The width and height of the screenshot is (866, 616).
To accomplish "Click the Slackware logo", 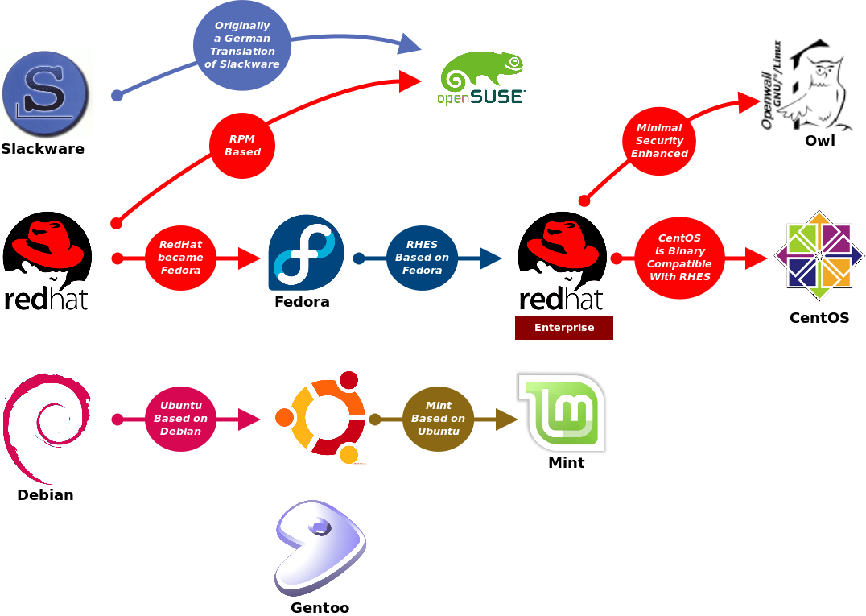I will (x=47, y=93).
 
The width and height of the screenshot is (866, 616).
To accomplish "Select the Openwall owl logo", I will (x=806, y=84).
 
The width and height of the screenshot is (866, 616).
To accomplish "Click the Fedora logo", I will (x=304, y=255).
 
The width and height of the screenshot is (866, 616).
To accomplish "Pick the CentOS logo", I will (x=819, y=256).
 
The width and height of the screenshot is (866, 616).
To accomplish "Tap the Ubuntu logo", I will (x=320, y=417).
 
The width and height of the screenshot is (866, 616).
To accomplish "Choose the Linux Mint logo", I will (x=562, y=412).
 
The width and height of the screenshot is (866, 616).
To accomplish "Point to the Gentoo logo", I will (x=320, y=548).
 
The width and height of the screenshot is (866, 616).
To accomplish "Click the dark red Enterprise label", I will (x=563, y=328).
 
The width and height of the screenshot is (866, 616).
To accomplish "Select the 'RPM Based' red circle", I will (x=241, y=146).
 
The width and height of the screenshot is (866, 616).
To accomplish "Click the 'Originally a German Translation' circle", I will (x=241, y=45).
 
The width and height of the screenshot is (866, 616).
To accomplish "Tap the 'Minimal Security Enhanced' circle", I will (x=659, y=141).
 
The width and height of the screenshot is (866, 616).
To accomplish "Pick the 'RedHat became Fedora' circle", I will (x=180, y=258).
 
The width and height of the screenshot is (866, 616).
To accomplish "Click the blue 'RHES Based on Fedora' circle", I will (x=422, y=258).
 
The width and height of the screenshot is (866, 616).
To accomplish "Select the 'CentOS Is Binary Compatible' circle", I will (x=679, y=258).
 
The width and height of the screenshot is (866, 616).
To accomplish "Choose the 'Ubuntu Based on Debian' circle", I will (x=180, y=419).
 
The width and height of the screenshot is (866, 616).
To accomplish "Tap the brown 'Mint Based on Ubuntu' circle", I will (x=438, y=419).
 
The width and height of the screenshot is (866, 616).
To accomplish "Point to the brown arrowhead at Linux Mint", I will (x=506, y=420).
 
